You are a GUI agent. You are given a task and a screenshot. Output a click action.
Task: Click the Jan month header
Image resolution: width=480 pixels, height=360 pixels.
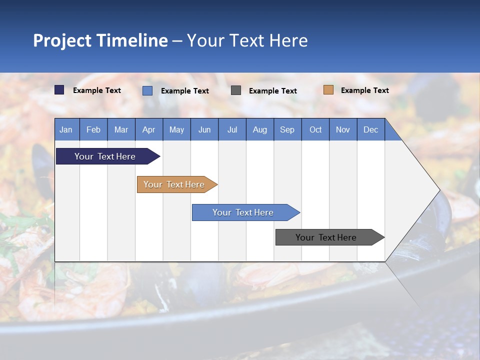click(66, 129)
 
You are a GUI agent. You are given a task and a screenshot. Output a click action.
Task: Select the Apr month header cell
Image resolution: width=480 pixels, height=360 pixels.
click(149, 129)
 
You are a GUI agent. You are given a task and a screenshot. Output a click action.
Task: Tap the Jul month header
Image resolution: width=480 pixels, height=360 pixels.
click(232, 129)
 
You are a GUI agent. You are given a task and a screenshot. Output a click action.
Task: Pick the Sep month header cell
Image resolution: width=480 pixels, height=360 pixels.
click(287, 129)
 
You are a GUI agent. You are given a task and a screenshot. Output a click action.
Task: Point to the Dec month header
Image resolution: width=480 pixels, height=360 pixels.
click(370, 129)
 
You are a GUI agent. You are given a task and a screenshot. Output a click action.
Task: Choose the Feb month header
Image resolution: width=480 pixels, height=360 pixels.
click(93, 129)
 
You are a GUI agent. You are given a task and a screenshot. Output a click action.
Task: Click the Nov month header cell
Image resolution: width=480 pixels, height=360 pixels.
click(343, 129)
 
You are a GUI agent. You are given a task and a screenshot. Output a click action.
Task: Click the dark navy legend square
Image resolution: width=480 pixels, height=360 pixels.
click(59, 90)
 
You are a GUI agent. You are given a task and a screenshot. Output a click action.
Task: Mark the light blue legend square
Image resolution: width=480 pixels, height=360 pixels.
click(147, 90)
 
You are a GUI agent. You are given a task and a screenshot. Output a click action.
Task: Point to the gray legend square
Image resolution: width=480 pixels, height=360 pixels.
click(236, 90)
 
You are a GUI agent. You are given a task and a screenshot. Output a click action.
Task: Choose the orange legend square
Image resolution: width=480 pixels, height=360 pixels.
click(328, 90)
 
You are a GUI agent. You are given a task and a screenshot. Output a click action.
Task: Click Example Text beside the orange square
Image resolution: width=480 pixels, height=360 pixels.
click(364, 90)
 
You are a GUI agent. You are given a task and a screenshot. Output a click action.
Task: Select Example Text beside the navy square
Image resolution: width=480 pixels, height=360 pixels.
click(96, 90)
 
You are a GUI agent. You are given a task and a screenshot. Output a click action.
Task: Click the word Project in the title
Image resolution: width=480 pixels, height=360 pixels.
click(62, 40)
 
